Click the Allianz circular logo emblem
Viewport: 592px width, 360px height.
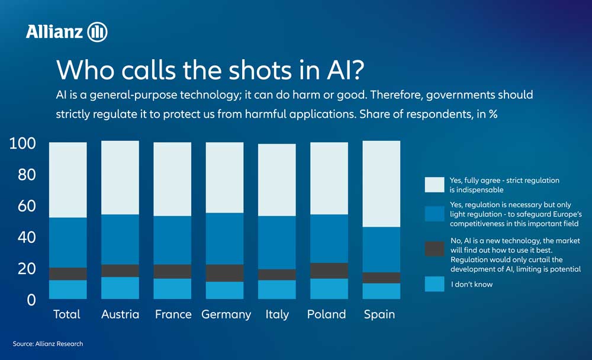[97, 32]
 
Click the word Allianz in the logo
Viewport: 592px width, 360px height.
[54, 32]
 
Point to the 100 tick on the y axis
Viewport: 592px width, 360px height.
[23, 144]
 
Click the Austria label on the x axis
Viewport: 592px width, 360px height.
[120, 314]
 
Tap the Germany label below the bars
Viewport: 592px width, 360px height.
[226, 314]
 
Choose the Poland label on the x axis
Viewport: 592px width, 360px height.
[326, 314]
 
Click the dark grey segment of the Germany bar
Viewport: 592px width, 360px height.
[224, 273]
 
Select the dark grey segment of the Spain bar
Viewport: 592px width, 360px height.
[381, 278]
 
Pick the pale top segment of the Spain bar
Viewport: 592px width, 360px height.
[381, 184]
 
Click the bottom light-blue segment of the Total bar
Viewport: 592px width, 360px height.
[67, 290]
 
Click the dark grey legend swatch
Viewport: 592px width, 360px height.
[435, 248]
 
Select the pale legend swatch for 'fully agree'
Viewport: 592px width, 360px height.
[435, 184]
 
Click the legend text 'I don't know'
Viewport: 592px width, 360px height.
[471, 285]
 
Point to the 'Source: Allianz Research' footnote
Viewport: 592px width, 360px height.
[48, 344]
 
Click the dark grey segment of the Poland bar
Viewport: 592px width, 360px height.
[329, 271]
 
